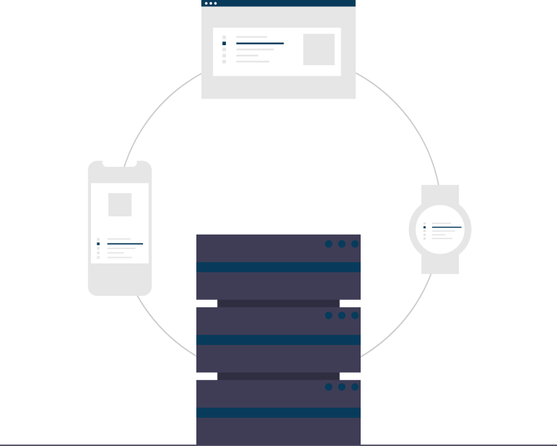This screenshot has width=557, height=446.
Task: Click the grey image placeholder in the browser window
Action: click(x=319, y=50)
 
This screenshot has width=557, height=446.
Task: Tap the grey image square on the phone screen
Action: click(x=120, y=204)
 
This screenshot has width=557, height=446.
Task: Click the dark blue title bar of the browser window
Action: click(x=278, y=3)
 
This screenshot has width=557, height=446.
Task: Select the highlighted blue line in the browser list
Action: click(x=260, y=43)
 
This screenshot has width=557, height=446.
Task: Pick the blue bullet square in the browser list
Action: click(x=224, y=43)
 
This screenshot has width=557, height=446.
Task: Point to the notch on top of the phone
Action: click(x=120, y=164)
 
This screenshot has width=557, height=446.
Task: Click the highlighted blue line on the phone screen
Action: click(x=125, y=243)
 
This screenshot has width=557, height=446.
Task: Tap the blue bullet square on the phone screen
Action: click(x=98, y=243)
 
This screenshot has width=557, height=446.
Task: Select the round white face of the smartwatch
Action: click(x=440, y=230)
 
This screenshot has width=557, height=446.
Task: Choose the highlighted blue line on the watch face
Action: click(x=447, y=227)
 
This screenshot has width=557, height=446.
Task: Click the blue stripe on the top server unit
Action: click(x=278, y=267)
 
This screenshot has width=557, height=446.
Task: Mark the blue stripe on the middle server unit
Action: click(x=278, y=340)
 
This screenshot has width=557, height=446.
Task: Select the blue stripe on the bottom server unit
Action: click(x=278, y=413)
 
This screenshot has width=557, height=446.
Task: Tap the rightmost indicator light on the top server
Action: click(x=355, y=244)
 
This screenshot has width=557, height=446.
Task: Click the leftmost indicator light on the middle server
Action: click(x=329, y=316)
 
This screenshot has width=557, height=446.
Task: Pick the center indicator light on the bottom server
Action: click(x=342, y=387)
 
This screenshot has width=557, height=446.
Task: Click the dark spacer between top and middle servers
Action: click(x=278, y=303)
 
